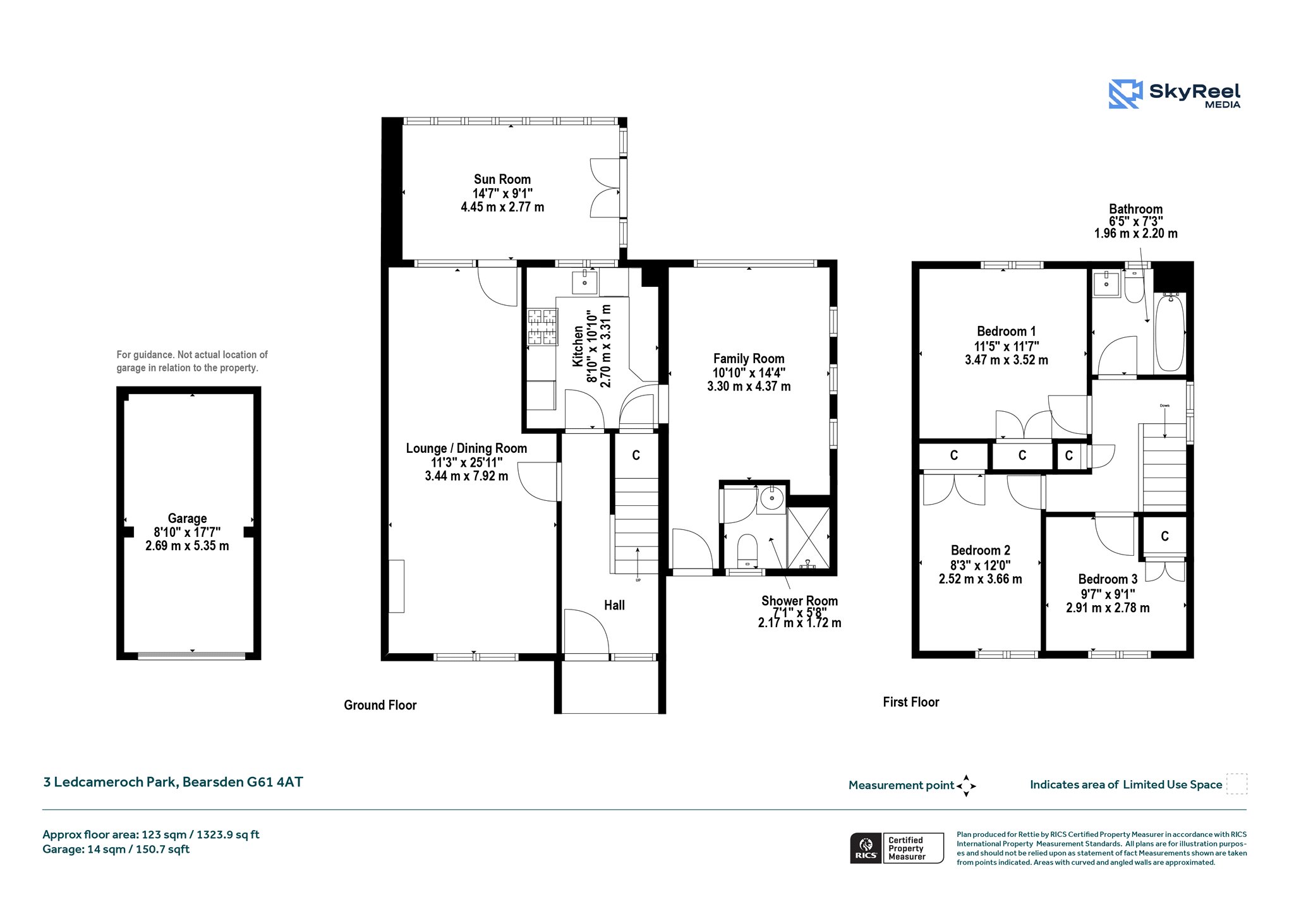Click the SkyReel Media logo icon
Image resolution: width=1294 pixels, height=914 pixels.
(x=1125, y=94)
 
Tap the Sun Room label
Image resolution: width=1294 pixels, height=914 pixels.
(x=502, y=179)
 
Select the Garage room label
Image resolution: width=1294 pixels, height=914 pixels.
(x=187, y=519)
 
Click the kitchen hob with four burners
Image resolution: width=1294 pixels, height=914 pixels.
(x=543, y=327)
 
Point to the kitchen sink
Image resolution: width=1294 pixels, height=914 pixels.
(x=584, y=282)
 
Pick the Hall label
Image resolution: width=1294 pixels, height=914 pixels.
(x=614, y=605)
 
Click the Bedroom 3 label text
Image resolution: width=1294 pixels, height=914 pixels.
(x=1108, y=579)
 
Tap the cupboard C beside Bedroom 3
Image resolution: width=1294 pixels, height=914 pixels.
(x=1164, y=536)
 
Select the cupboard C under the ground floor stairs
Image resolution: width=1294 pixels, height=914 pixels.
(x=636, y=455)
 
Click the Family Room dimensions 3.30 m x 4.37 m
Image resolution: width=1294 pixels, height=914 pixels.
(x=749, y=387)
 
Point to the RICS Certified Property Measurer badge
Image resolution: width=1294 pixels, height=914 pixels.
(x=897, y=848)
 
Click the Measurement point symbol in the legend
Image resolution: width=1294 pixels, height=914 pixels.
(x=966, y=786)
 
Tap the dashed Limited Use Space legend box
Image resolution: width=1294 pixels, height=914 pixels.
(x=1237, y=784)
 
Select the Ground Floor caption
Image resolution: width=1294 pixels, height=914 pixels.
(x=380, y=706)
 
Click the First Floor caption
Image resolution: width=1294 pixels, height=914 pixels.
(x=911, y=702)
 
